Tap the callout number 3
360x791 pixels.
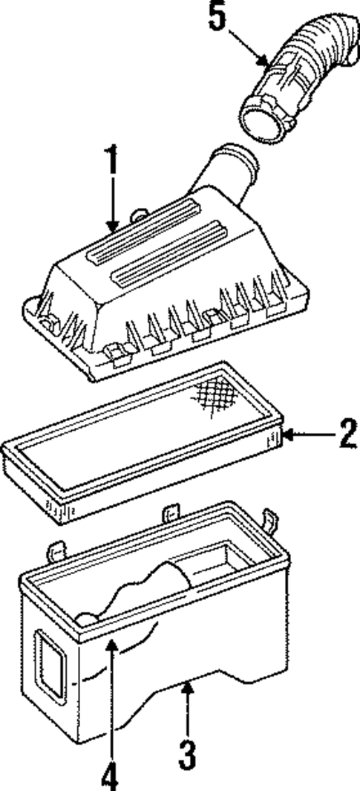coord(189,754)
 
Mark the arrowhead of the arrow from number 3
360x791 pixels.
coord(189,686)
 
